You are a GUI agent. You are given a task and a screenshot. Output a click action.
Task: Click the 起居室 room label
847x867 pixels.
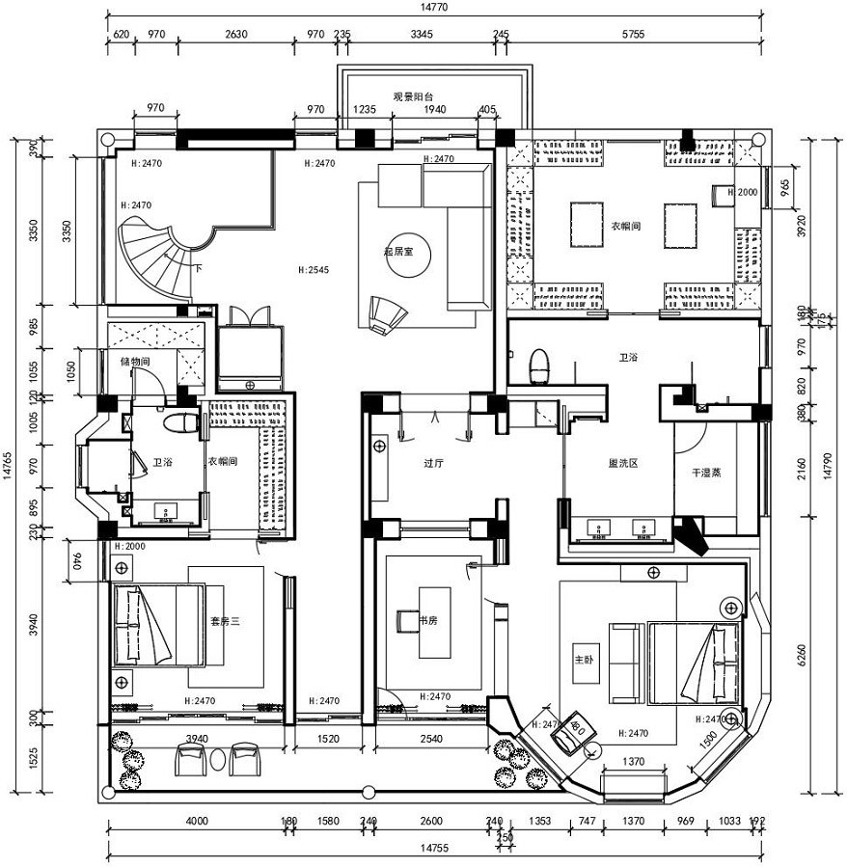coord(397,251)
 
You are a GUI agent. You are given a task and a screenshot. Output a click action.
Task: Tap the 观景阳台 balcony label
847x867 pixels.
coord(413,96)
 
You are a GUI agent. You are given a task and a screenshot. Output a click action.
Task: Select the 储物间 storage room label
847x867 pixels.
coord(135,362)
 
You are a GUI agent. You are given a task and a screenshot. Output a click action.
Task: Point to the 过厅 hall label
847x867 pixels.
coord(433,463)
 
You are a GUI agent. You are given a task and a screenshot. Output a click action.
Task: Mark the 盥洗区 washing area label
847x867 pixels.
coord(620,463)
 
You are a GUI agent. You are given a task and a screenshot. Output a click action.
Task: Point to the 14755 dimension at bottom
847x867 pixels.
coord(432,848)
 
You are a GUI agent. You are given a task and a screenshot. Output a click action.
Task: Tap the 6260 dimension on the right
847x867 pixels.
coord(803,656)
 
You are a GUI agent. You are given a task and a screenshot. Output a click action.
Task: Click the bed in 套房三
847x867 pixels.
coord(157,625)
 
